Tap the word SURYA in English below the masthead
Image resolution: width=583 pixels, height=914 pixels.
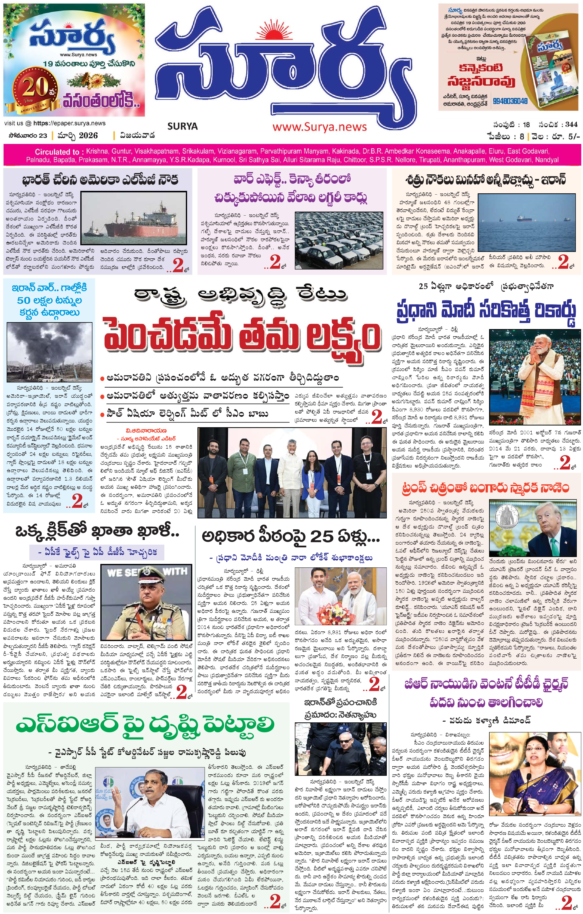182,126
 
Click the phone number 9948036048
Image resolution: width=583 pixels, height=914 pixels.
510,101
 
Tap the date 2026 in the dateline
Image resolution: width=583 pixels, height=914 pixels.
88,135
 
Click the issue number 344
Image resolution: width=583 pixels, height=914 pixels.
571,125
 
